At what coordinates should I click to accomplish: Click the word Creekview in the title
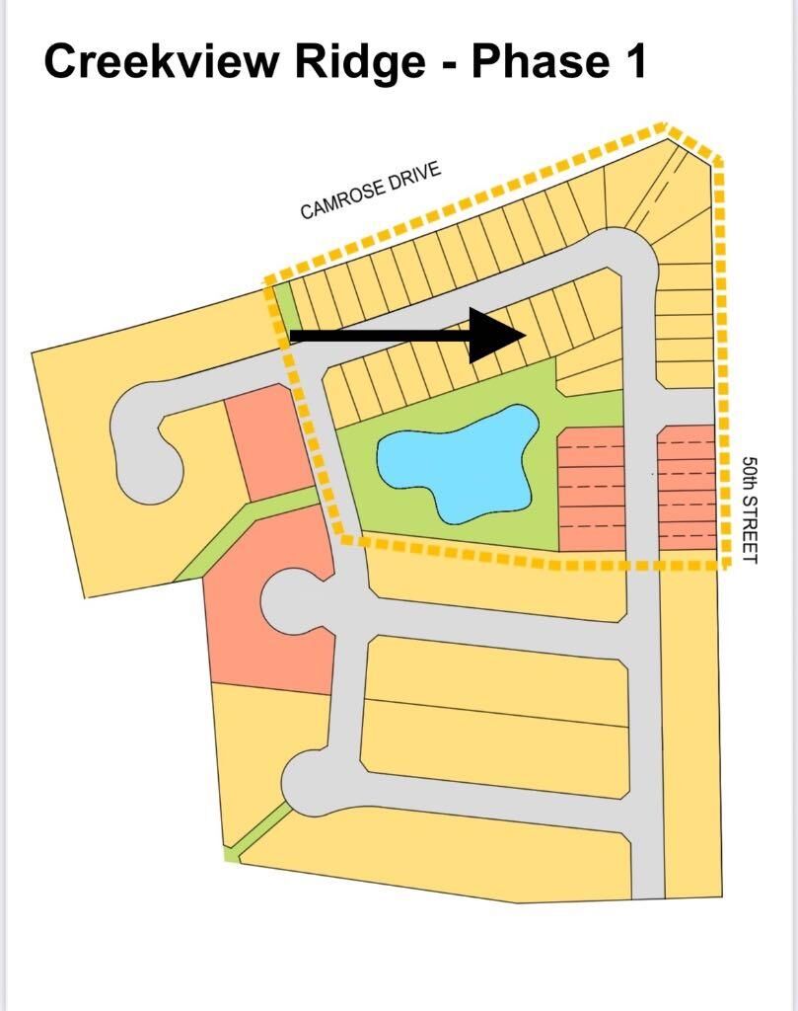point(162,61)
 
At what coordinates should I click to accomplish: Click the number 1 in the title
point(635,61)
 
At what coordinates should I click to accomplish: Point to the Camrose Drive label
point(371,191)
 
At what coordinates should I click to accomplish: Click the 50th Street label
point(750,510)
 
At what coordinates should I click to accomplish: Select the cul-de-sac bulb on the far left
point(147,445)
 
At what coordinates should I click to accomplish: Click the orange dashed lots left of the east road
point(592,489)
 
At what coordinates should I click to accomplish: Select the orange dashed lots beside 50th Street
point(688,488)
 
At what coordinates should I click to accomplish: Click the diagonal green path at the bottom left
point(257,831)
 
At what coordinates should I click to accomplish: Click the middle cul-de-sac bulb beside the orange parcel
point(290,598)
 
